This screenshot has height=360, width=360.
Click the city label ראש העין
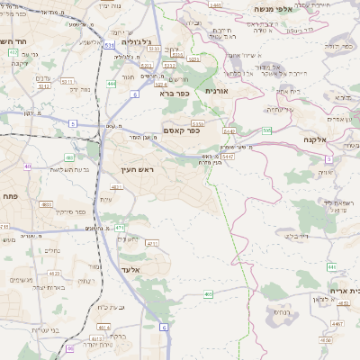[x=139, y=169]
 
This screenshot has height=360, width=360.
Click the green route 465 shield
[x=208, y=293]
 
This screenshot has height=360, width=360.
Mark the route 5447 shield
[x=229, y=157]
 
